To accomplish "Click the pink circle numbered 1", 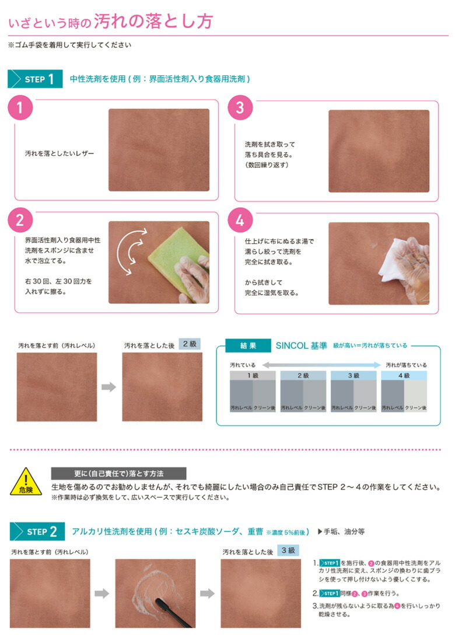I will [x=20, y=108].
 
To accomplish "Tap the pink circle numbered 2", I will [x=20, y=219].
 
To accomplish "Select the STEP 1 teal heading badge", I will [x=34, y=79].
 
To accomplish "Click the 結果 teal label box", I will [x=248, y=345].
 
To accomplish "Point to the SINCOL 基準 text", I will [x=301, y=345].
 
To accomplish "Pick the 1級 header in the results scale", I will [x=253, y=375].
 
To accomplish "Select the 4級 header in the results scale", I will [x=404, y=375].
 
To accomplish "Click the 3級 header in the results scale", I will [x=353, y=375].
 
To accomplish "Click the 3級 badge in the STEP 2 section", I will [x=288, y=550].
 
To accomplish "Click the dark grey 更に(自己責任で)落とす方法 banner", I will [x=118, y=473].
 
